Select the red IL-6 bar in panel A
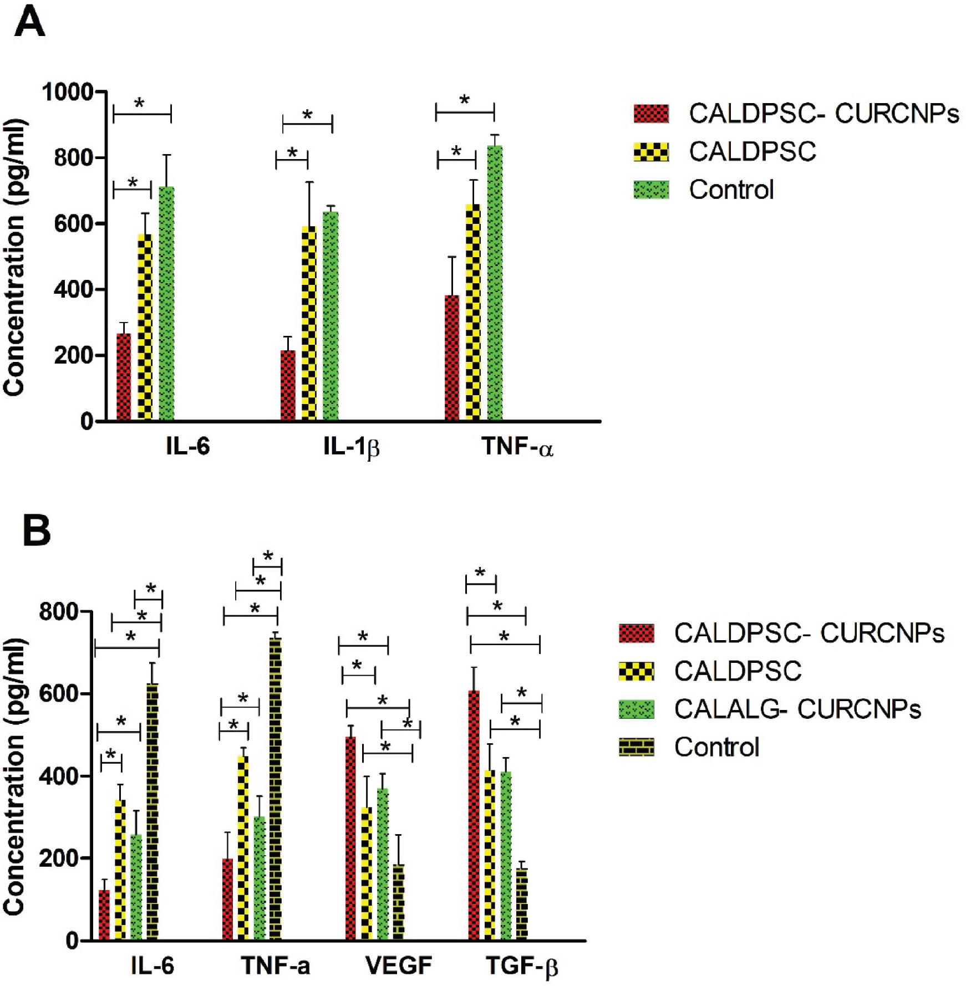click(x=124, y=377)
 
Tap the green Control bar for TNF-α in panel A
click(x=495, y=283)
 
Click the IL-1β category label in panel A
click(x=351, y=447)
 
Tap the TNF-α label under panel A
click(x=517, y=447)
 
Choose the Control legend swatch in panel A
click(x=651, y=190)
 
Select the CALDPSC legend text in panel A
click(x=752, y=151)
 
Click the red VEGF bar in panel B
click(x=350, y=838)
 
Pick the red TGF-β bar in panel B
click(x=474, y=815)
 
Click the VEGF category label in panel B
click(x=398, y=966)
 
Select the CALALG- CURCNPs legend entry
click(x=797, y=709)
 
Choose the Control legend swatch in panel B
click(x=637, y=748)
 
